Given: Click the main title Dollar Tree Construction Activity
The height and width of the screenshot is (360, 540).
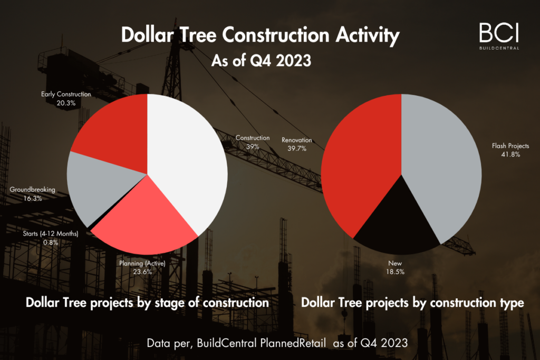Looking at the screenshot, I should tap(260, 35).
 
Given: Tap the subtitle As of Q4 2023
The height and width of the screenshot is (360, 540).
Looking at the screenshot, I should tap(261, 61).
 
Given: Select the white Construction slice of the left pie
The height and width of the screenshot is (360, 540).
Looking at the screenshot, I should tap(185, 158).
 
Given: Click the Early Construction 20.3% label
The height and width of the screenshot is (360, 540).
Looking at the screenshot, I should tap(66, 99).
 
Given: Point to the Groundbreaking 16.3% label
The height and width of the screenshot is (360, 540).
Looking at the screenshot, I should tap(32, 194).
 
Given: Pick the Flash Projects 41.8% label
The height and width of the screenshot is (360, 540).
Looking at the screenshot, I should tap(510, 150).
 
